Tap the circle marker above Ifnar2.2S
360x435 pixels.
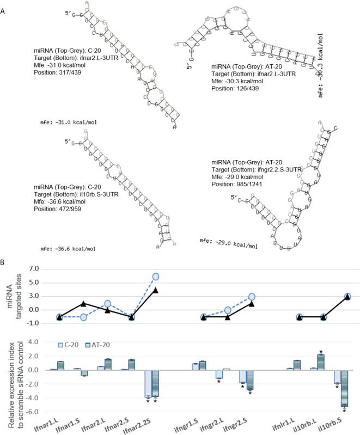(x=156, y=277)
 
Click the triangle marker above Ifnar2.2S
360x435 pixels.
(x=156, y=290)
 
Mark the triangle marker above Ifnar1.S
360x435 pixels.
(x=83, y=303)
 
